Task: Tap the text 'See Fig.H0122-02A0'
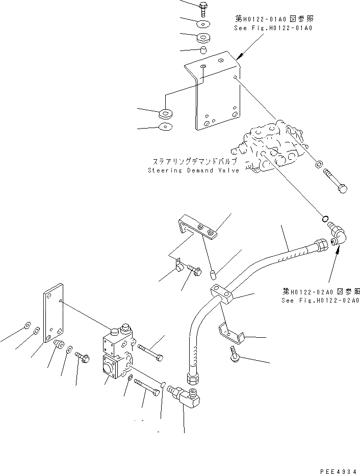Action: click(x=321, y=300)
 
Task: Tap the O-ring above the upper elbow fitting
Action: click(x=324, y=219)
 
